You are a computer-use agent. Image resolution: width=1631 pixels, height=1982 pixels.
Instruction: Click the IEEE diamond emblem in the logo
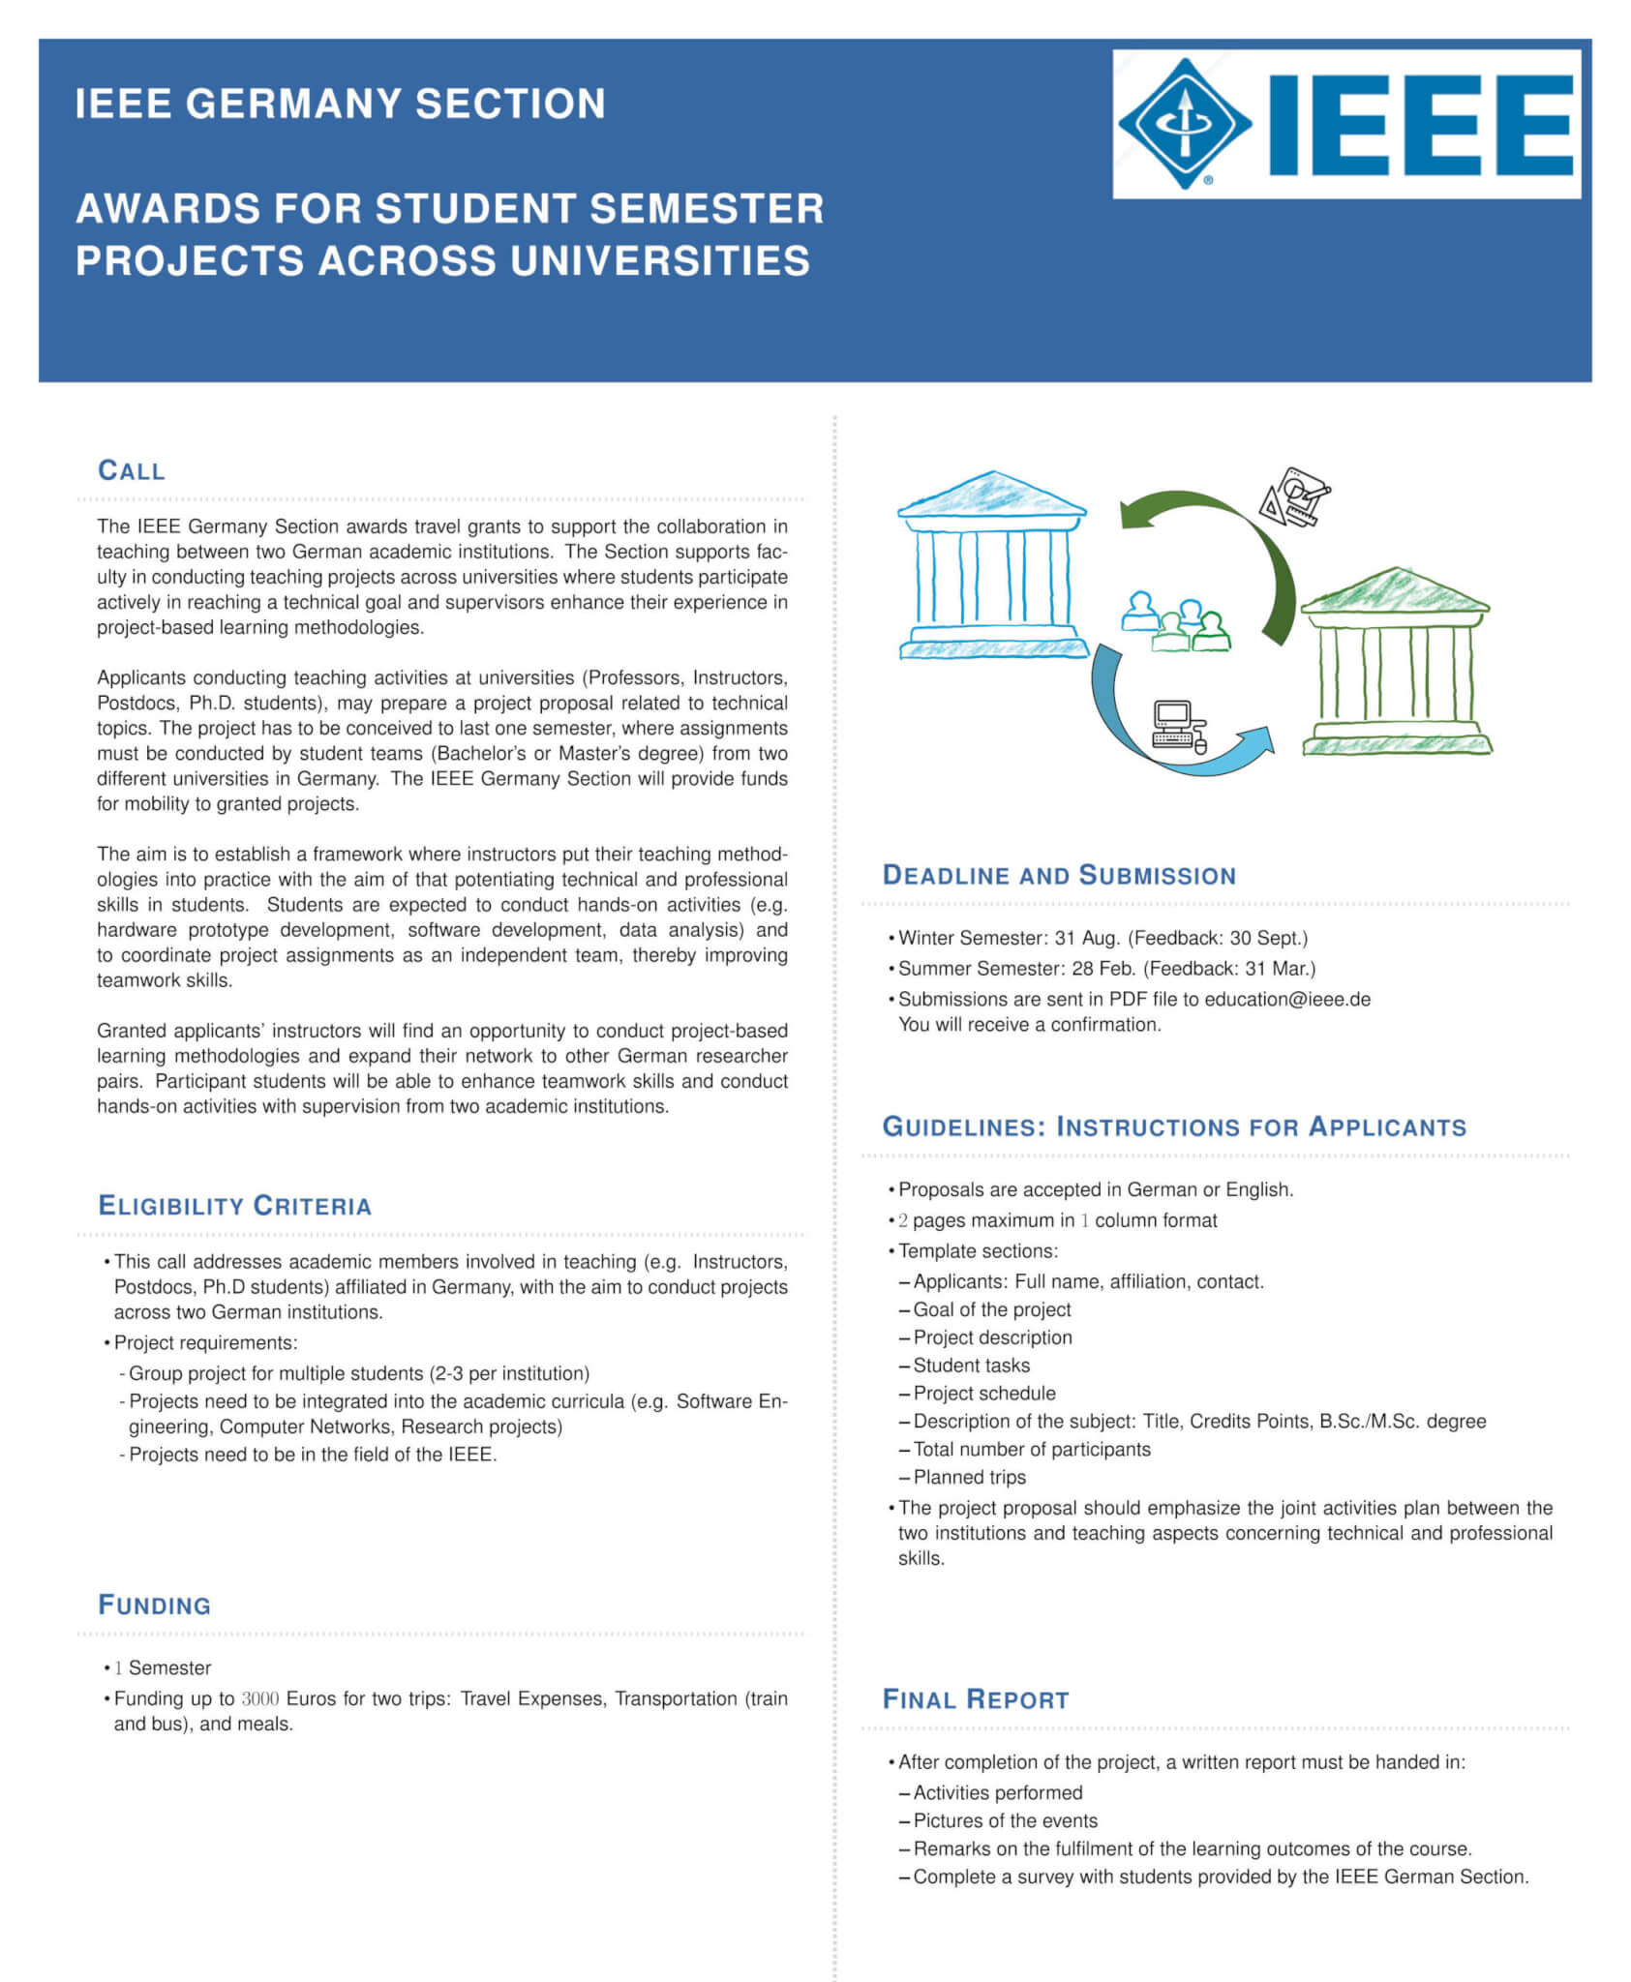[x=1184, y=123]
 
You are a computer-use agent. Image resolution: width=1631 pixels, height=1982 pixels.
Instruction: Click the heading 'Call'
[x=132, y=470]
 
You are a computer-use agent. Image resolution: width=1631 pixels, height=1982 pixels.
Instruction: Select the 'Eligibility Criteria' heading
[x=235, y=1206]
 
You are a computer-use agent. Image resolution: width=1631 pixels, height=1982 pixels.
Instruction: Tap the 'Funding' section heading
[x=155, y=1606]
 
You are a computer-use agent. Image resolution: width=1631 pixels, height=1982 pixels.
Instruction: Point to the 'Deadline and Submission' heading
[x=1059, y=876]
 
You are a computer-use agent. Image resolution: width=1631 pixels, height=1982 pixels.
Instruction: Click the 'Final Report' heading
[x=976, y=1699]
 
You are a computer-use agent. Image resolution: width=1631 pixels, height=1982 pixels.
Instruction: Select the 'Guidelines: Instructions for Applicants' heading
[x=1174, y=1127]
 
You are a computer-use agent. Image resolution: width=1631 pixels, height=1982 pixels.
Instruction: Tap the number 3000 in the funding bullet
[x=259, y=1698]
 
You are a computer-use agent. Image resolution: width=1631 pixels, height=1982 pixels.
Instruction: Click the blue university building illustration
[x=993, y=566]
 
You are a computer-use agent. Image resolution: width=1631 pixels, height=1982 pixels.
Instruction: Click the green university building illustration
[x=1395, y=662]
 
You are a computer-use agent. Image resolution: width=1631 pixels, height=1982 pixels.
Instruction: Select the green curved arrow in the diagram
[x=1229, y=542]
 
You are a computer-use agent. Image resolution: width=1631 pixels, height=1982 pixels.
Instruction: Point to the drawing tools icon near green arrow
[x=1295, y=496]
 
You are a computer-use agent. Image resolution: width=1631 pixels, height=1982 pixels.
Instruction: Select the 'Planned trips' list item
[x=969, y=1477]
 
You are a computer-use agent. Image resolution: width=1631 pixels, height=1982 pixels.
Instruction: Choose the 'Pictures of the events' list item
[x=1005, y=1820]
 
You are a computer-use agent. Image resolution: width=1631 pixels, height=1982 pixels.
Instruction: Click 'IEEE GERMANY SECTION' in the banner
[x=340, y=104]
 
